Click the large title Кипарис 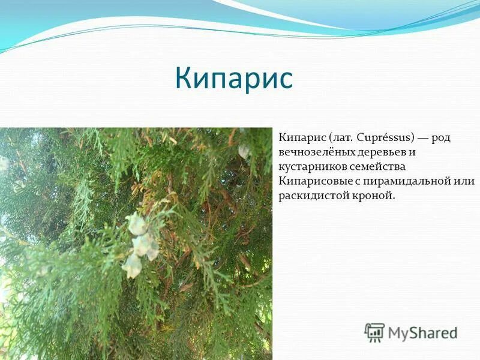coord(234,79)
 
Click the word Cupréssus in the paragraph coord(385,137)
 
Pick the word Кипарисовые coord(310,181)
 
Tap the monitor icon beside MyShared coord(374,332)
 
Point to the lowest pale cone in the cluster coord(132,265)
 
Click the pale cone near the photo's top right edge coord(243,151)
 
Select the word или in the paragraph coord(466,181)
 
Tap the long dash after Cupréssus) coord(424,137)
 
